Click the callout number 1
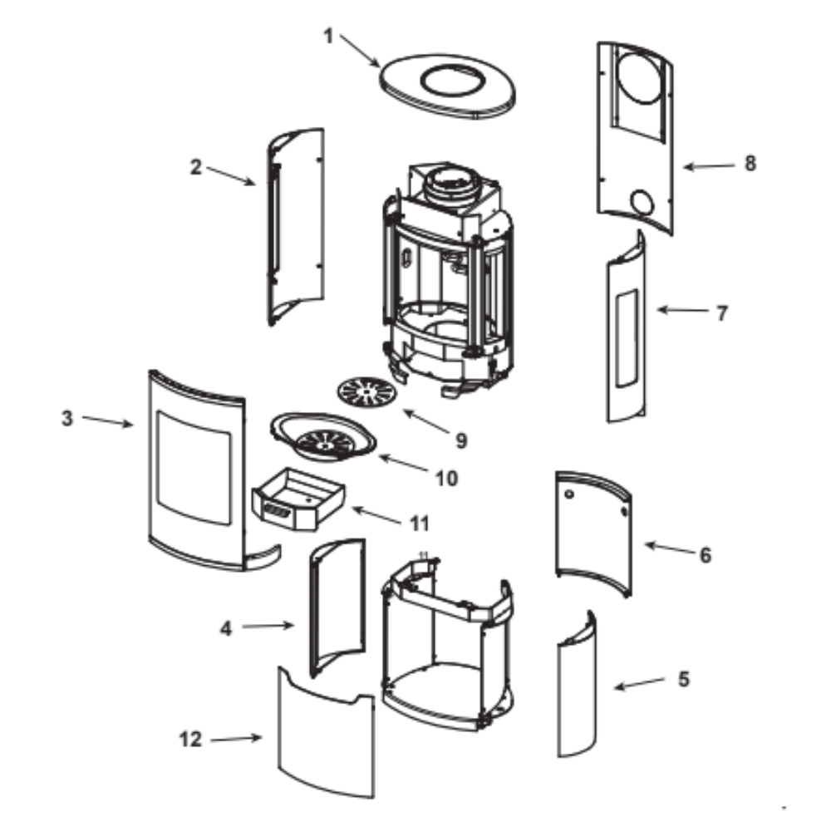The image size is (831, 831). pyautogui.click(x=328, y=36)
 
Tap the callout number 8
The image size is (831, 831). pyautogui.click(x=750, y=164)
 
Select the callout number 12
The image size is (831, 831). pyautogui.click(x=191, y=739)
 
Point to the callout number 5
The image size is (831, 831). pyautogui.click(x=683, y=679)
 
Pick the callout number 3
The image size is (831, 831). pyautogui.click(x=67, y=418)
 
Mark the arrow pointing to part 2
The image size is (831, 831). pyautogui.click(x=231, y=175)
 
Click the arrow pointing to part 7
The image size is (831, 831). pyautogui.click(x=681, y=312)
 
